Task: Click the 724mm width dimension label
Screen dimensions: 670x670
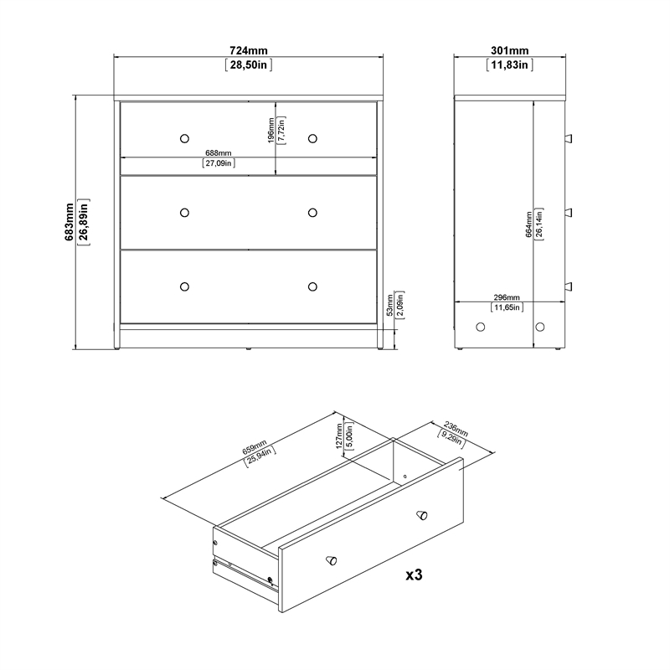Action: (x=249, y=51)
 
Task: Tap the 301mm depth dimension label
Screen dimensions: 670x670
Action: (x=509, y=51)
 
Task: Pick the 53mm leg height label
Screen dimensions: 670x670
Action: (x=391, y=308)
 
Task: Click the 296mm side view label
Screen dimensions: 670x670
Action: (x=507, y=298)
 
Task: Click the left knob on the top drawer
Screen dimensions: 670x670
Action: (x=184, y=138)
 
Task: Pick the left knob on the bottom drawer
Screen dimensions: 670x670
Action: (x=184, y=286)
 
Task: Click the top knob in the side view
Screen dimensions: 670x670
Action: (x=568, y=137)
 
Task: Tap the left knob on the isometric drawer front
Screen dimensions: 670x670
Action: (x=332, y=559)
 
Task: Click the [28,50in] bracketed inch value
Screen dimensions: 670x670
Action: (x=249, y=65)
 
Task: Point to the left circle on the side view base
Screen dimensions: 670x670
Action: (x=481, y=327)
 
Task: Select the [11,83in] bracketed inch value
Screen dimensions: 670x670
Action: (x=509, y=65)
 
